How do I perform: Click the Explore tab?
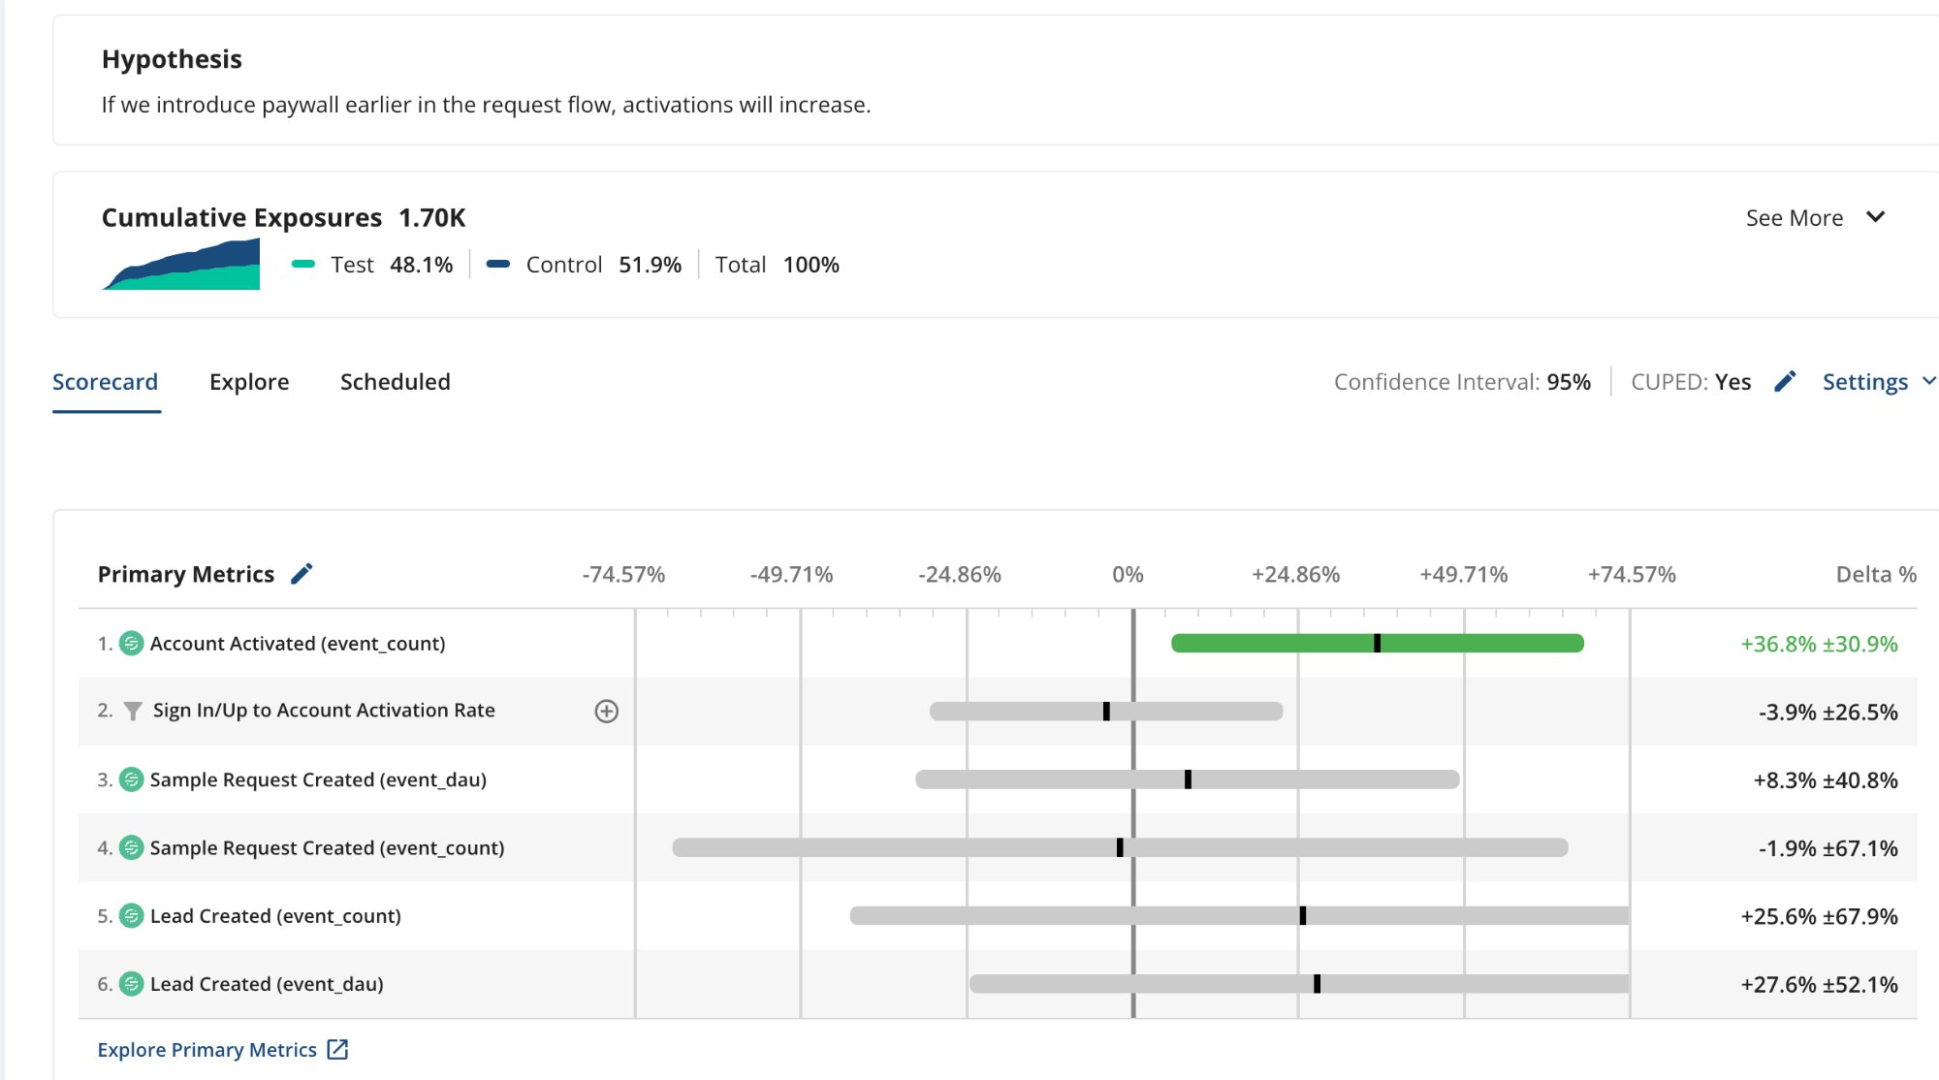249,382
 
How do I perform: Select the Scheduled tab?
395,382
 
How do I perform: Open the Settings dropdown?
1877,382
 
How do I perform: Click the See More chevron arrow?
1875,217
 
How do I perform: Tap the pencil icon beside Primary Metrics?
302,574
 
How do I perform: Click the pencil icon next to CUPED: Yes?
1785,382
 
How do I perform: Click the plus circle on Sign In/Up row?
606,712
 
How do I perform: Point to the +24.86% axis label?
1295,575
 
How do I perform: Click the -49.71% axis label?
791,575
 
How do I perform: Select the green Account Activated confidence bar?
1260,643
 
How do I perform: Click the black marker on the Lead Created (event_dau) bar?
1317,984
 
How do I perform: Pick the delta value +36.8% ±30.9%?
1819,644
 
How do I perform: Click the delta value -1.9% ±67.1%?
1828,848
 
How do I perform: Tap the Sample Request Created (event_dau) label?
318,779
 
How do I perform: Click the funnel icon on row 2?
133,712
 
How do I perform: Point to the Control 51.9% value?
650,265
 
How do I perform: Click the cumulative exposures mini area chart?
181,265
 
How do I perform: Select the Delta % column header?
1876,575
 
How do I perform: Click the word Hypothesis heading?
172,59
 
